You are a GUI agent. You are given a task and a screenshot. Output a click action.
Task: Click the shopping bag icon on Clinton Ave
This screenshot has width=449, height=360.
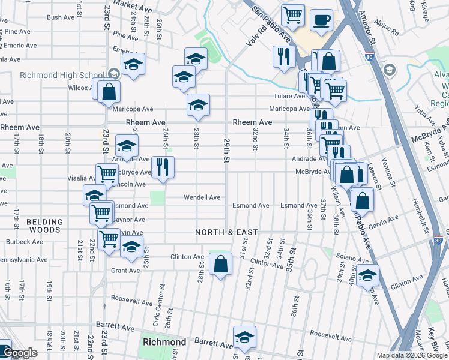click(221, 263)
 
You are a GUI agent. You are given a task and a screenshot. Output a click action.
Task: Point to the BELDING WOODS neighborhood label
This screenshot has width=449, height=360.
click(44, 226)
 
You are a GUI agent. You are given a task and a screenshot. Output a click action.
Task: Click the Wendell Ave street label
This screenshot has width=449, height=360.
click(202, 197)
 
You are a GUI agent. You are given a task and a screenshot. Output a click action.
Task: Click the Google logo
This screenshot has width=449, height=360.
click(20, 353)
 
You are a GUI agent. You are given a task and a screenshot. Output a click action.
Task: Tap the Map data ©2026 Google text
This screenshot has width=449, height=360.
click(411, 355)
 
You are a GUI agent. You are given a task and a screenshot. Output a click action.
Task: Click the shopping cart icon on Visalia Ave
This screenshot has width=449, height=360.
click(107, 175)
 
